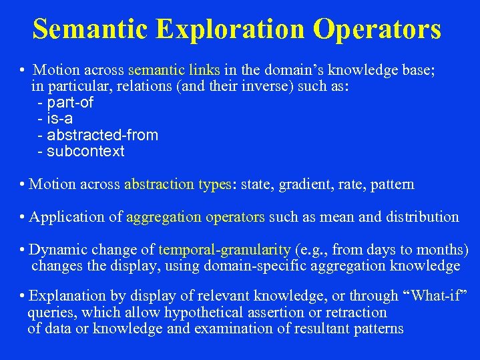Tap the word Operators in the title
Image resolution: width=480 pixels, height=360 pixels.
click(x=378, y=30)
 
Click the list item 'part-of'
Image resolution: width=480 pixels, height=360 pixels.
click(x=69, y=103)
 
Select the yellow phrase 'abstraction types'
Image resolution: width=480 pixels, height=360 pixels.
click(x=177, y=184)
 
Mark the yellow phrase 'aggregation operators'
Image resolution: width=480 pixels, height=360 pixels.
click(x=196, y=217)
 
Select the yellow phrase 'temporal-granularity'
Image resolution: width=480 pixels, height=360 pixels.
click(x=225, y=250)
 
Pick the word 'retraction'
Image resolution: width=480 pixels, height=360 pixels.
click(x=356, y=312)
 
